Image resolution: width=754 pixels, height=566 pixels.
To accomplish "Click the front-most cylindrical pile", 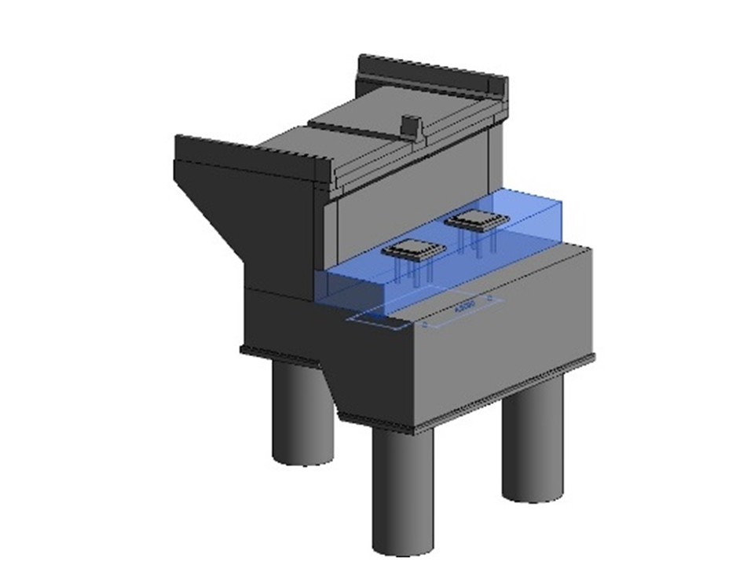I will [402, 487].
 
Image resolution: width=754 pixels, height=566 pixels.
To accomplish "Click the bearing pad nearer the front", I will [414, 250].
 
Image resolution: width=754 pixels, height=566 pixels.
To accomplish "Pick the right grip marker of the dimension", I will [491, 300].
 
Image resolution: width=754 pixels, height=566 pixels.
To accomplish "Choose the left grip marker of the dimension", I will [425, 323].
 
